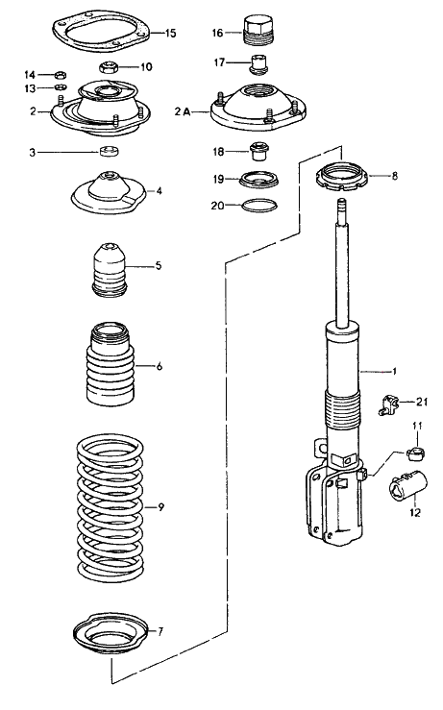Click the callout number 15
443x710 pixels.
click(170, 33)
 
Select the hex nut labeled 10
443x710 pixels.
click(109, 68)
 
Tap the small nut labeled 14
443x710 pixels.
click(61, 74)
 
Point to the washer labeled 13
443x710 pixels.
click(61, 86)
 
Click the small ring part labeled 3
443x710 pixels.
click(109, 151)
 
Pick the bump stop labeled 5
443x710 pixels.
click(109, 270)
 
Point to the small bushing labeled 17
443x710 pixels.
click(259, 63)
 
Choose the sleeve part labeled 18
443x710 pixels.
click(259, 151)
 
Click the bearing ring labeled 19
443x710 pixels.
click(258, 180)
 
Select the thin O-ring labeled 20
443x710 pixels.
click(259, 205)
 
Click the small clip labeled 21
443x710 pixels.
click(387, 404)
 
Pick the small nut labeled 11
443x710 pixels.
click(415, 453)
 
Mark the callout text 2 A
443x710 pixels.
click(183, 111)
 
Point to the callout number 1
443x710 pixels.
click(394, 371)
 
